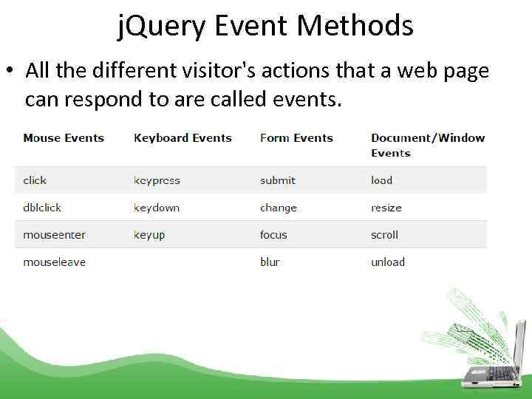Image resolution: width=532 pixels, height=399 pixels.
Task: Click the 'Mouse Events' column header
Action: pyautogui.click(x=64, y=138)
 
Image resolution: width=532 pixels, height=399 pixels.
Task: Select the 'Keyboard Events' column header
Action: pyautogui.click(x=183, y=138)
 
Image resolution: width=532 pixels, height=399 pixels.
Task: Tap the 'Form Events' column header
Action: pyautogui.click(x=296, y=138)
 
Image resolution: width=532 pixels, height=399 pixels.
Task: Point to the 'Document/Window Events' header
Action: pyautogui.click(x=427, y=146)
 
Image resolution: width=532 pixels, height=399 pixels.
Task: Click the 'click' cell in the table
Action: pyautogui.click(x=35, y=180)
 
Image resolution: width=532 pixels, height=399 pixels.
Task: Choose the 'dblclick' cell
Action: pyautogui.click(x=42, y=208)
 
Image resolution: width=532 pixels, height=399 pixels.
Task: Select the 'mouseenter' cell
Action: pyautogui.click(x=54, y=235)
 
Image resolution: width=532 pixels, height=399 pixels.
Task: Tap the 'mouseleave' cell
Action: pyautogui.click(x=54, y=262)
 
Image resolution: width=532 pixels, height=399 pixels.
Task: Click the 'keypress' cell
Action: pyautogui.click(x=157, y=180)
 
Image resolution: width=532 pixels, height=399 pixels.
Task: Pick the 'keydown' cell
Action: pyautogui.click(x=157, y=208)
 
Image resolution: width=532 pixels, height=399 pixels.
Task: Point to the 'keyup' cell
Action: pyautogui.click(x=149, y=235)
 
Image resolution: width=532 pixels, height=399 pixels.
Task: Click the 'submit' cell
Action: pyautogui.click(x=278, y=180)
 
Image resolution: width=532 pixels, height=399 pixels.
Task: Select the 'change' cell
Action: pyautogui.click(x=279, y=208)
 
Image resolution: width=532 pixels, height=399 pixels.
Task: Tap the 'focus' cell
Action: pyautogui.click(x=273, y=235)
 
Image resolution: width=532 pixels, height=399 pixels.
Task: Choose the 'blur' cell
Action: pyautogui.click(x=270, y=262)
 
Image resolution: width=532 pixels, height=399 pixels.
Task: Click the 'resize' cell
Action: pyautogui.click(x=386, y=208)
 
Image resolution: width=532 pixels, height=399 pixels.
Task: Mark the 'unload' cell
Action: pyautogui.click(x=388, y=262)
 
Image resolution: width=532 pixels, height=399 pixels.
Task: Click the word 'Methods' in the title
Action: pyautogui.click(x=355, y=27)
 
